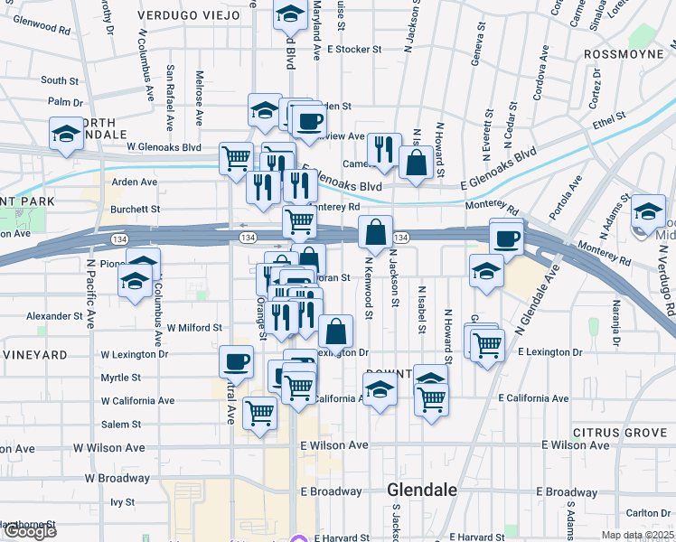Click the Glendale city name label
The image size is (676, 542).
point(421,490)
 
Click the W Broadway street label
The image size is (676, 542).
point(117,478)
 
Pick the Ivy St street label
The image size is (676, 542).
point(122,502)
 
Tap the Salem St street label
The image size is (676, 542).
point(121,425)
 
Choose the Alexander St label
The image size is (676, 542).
point(54,317)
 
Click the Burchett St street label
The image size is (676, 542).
point(135,209)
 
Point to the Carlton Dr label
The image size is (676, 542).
point(646,513)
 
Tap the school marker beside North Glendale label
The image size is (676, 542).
point(66,135)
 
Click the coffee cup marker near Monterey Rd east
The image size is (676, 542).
point(507,238)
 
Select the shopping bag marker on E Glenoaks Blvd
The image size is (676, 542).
point(416,164)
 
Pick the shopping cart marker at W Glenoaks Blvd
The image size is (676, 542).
point(236,157)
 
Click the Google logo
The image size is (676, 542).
point(30,531)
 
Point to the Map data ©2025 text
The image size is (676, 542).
point(637,535)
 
